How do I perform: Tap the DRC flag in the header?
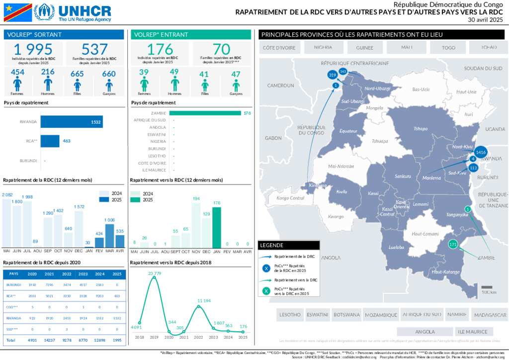[17, 12]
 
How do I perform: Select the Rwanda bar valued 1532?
[72, 122]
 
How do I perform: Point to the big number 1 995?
[33, 49]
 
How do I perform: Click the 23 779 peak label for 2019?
[154, 273]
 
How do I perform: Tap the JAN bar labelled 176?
[217, 227]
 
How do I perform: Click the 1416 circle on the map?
[480, 152]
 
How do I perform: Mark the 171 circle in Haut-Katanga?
[453, 244]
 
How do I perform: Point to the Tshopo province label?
[421, 129]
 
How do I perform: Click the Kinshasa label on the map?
[318, 185]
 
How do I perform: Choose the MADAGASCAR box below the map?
[490, 315]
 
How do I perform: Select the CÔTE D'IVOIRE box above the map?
[279, 48]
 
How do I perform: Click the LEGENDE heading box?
[289, 245]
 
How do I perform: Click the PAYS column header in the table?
[13, 273]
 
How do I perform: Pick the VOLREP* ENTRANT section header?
[191, 34]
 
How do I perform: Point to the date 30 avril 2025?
[485, 20]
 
